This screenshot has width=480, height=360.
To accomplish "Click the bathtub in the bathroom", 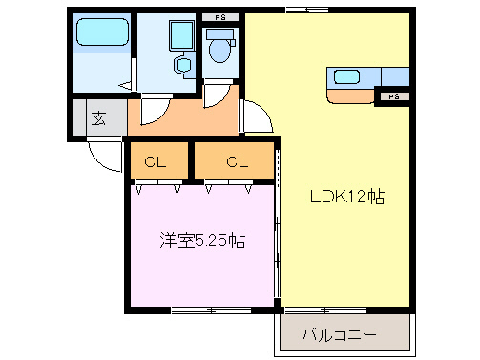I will [102, 34].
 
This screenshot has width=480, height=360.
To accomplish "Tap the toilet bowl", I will [220, 49].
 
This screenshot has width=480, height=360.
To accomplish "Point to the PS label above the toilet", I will [220, 17].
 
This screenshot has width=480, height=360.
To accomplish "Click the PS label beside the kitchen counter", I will [393, 97].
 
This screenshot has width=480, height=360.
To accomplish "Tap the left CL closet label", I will [155, 161].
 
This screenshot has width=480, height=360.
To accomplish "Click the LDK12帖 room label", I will [345, 198].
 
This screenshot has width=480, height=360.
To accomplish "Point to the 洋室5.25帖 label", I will [201, 241].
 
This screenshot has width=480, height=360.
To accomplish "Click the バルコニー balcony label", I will [339, 335].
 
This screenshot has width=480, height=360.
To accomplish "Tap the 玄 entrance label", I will [98, 119].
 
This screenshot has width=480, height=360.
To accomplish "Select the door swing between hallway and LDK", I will [254, 118].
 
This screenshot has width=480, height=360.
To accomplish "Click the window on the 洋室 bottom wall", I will [203, 310].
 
